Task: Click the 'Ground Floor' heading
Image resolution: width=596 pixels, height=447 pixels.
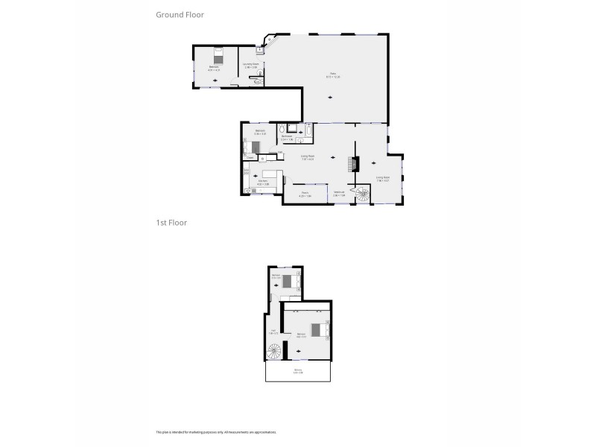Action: pyautogui.click(x=180, y=14)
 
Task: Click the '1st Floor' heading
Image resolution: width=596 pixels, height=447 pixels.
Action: pyautogui.click(x=171, y=222)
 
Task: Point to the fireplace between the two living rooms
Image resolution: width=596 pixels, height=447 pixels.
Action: pyautogui.click(x=356, y=163)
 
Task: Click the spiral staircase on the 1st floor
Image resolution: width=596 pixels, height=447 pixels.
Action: pyautogui.click(x=275, y=351)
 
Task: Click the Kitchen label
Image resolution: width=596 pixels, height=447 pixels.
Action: pyautogui.click(x=262, y=181)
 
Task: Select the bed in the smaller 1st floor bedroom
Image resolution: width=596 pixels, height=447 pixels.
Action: pyautogui.click(x=288, y=281)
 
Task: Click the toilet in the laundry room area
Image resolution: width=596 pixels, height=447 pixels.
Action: pyautogui.click(x=256, y=82)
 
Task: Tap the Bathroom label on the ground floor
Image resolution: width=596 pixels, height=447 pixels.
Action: pyautogui.click(x=286, y=136)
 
